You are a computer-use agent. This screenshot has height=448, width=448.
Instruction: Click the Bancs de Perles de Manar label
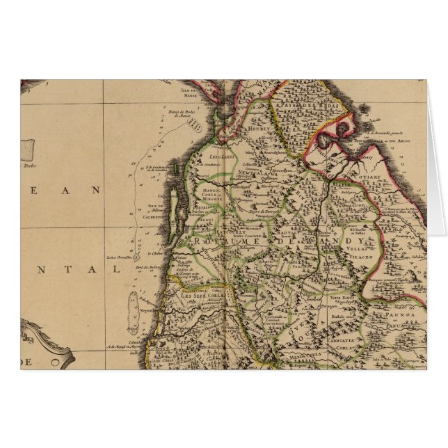click(179, 113)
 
